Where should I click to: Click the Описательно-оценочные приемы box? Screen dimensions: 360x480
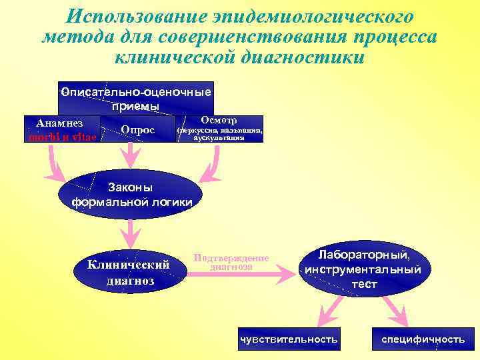tap(136, 99)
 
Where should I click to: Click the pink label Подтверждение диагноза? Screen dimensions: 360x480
tap(231, 262)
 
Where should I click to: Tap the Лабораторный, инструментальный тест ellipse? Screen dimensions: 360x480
tap(363, 269)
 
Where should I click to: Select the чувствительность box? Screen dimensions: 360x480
tap(289, 339)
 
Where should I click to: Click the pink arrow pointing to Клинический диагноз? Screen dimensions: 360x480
tap(130, 231)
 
